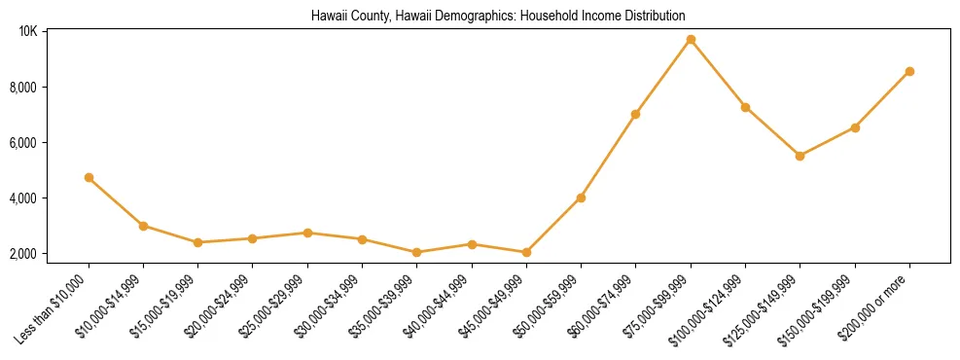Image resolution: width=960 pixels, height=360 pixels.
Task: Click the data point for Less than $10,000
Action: (89, 178)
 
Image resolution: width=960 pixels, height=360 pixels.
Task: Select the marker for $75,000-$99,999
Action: (691, 40)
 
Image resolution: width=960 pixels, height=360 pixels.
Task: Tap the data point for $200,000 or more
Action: (909, 71)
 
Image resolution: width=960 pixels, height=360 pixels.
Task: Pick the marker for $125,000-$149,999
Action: (800, 156)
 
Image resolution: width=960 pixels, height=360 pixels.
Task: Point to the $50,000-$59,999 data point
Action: (581, 198)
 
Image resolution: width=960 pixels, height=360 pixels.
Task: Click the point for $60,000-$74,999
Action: (635, 114)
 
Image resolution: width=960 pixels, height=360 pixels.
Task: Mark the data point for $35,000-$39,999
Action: (416, 252)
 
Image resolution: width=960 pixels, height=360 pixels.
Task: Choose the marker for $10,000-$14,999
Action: (143, 226)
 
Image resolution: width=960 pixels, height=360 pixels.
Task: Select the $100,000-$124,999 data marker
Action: (745, 107)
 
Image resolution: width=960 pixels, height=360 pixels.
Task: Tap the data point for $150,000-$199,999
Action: (855, 127)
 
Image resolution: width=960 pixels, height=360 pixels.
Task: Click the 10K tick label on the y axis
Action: (27, 32)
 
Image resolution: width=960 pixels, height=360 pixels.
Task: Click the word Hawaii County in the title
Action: (345, 17)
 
